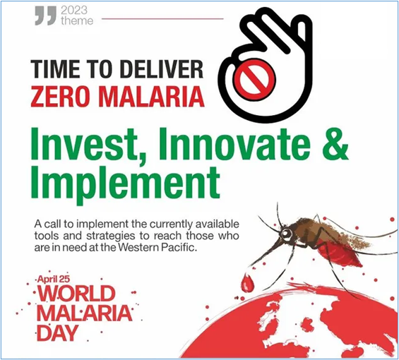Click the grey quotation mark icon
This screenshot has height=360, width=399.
45,16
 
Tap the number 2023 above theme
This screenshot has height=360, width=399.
74,11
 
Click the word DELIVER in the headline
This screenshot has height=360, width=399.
162,68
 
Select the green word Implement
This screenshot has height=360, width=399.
125,184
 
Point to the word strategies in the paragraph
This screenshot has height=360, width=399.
110,236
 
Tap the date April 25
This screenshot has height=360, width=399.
54,280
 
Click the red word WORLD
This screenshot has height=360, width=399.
76,294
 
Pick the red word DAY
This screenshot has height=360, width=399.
57,333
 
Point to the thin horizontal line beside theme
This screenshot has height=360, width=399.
162,18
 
